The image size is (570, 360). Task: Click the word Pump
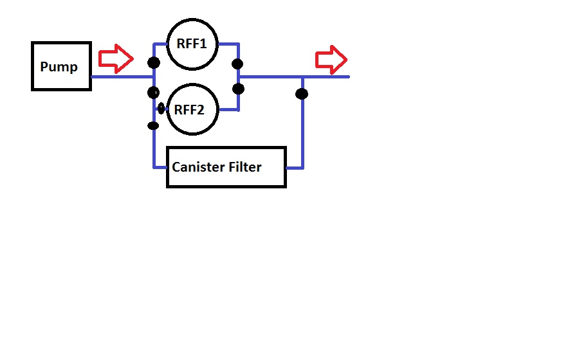click(59, 67)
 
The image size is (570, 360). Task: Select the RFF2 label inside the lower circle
click(189, 110)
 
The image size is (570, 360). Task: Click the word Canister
click(199, 167)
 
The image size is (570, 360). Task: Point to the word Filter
click(246, 167)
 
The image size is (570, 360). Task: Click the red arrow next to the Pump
click(115, 59)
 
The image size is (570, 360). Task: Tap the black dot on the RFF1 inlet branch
click(154, 62)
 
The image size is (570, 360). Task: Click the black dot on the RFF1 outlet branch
click(238, 64)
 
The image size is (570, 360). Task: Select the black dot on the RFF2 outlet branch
click(238, 89)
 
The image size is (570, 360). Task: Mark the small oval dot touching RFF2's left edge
click(161, 109)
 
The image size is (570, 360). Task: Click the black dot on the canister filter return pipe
click(302, 94)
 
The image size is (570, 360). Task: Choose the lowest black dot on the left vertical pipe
click(153, 125)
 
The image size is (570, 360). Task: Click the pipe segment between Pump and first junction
click(122, 76)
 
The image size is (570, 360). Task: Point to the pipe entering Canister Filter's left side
click(160, 167)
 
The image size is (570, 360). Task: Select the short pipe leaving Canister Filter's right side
click(294, 168)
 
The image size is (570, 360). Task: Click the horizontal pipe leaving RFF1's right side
click(228, 44)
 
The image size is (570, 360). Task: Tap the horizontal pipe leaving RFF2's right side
click(229, 110)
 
